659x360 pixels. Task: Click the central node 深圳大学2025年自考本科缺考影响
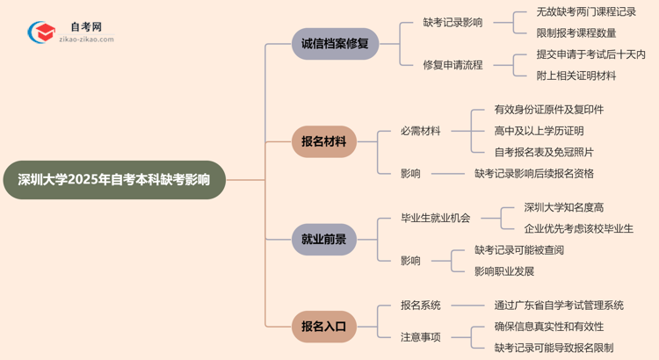[114, 180]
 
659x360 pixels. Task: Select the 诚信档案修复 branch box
[335, 43]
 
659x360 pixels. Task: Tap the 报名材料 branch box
[323, 141]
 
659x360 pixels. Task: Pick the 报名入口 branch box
[323, 327]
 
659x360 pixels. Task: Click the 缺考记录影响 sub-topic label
[453, 23]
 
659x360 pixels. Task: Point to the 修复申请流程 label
[453, 65]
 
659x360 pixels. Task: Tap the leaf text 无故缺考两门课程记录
[586, 12]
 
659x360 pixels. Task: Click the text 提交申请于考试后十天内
[591, 54]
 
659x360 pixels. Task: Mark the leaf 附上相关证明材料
[576, 76]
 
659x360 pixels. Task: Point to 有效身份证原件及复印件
[548, 110]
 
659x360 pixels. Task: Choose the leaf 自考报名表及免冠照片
[543, 152]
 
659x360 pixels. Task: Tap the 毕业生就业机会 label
[436, 218]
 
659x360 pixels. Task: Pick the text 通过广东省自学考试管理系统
[559, 306]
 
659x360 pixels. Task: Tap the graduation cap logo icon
[40, 32]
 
